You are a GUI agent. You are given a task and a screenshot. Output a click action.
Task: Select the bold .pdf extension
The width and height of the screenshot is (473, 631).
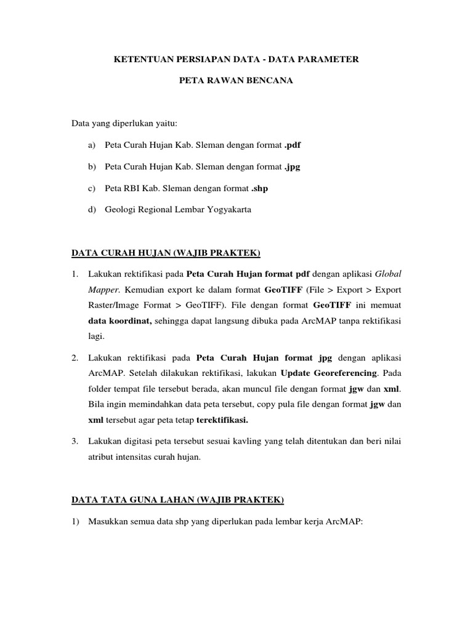[x=293, y=145]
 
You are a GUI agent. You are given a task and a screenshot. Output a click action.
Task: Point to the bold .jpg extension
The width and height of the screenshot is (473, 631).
[x=292, y=166]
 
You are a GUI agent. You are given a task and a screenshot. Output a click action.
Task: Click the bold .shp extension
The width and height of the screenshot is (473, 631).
[x=259, y=188]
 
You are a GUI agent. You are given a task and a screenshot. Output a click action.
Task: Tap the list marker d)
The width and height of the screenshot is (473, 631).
[x=92, y=210]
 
